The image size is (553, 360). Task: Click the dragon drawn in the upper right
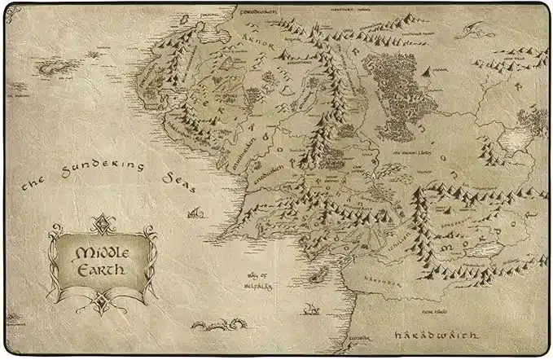click(472, 31)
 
